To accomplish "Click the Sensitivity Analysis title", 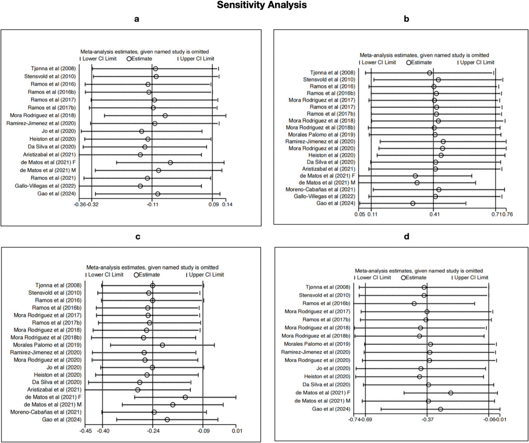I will (x=264, y=5).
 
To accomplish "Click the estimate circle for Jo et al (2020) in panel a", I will (x=142, y=131).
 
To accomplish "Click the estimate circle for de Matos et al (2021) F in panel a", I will (x=170, y=162).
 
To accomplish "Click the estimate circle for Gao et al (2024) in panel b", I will (x=413, y=203).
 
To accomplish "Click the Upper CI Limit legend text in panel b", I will (x=477, y=62).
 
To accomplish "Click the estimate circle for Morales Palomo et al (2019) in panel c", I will (x=162, y=345).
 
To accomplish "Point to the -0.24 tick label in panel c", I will (x=152, y=431).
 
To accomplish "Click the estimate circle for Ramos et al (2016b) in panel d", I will (x=414, y=303).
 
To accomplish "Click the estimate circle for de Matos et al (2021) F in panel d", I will (x=451, y=393).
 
